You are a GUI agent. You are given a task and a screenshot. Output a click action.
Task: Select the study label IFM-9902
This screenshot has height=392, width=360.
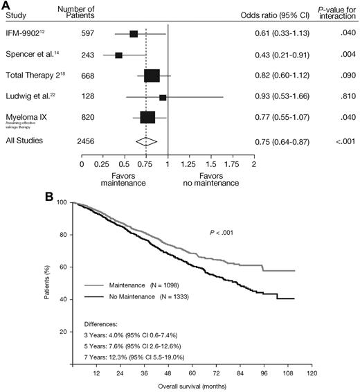click(23, 33)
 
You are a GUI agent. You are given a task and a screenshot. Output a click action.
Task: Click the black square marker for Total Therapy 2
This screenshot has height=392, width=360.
click(152, 76)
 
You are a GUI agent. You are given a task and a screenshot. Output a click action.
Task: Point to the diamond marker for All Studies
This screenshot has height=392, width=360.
click(147, 141)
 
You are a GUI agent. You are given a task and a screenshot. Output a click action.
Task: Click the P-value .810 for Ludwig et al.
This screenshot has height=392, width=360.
click(339, 97)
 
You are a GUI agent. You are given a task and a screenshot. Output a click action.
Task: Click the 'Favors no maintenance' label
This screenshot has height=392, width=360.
click(204, 181)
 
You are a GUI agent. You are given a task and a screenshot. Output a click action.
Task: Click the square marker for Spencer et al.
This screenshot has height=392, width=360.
click(119, 55)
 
